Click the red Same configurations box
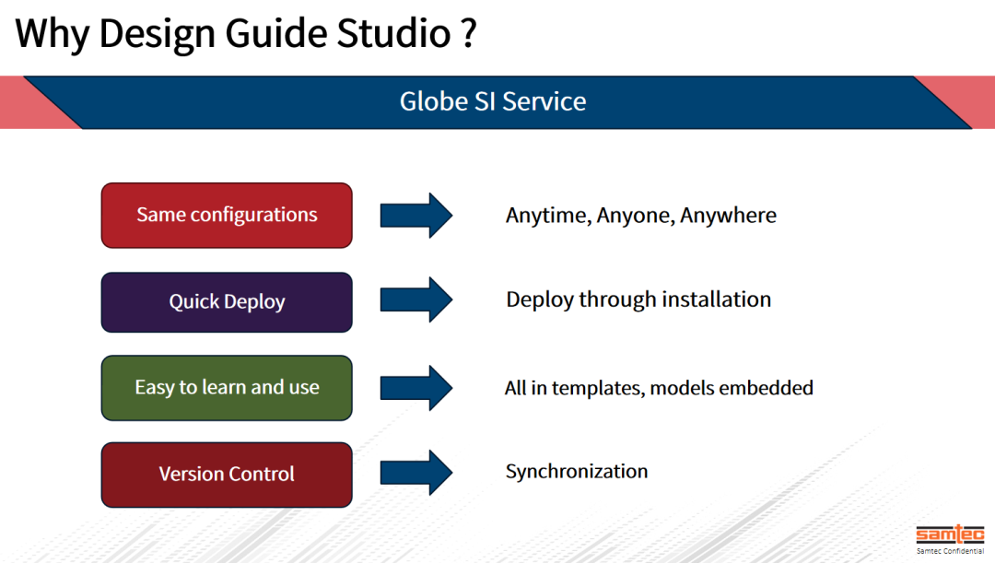(x=227, y=216)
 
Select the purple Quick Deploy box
(x=227, y=302)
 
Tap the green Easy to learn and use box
(x=227, y=388)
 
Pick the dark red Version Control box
(x=227, y=475)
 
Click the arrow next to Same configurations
(x=416, y=216)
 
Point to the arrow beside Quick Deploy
(x=416, y=300)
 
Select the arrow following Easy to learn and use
(x=416, y=387)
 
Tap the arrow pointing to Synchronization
(x=416, y=473)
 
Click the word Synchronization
(x=576, y=472)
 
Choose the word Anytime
(x=547, y=216)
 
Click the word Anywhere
(x=728, y=216)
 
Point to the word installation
(x=712, y=300)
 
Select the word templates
(x=600, y=388)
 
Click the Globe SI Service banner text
(x=493, y=101)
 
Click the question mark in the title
(x=467, y=33)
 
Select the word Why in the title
(x=53, y=33)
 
